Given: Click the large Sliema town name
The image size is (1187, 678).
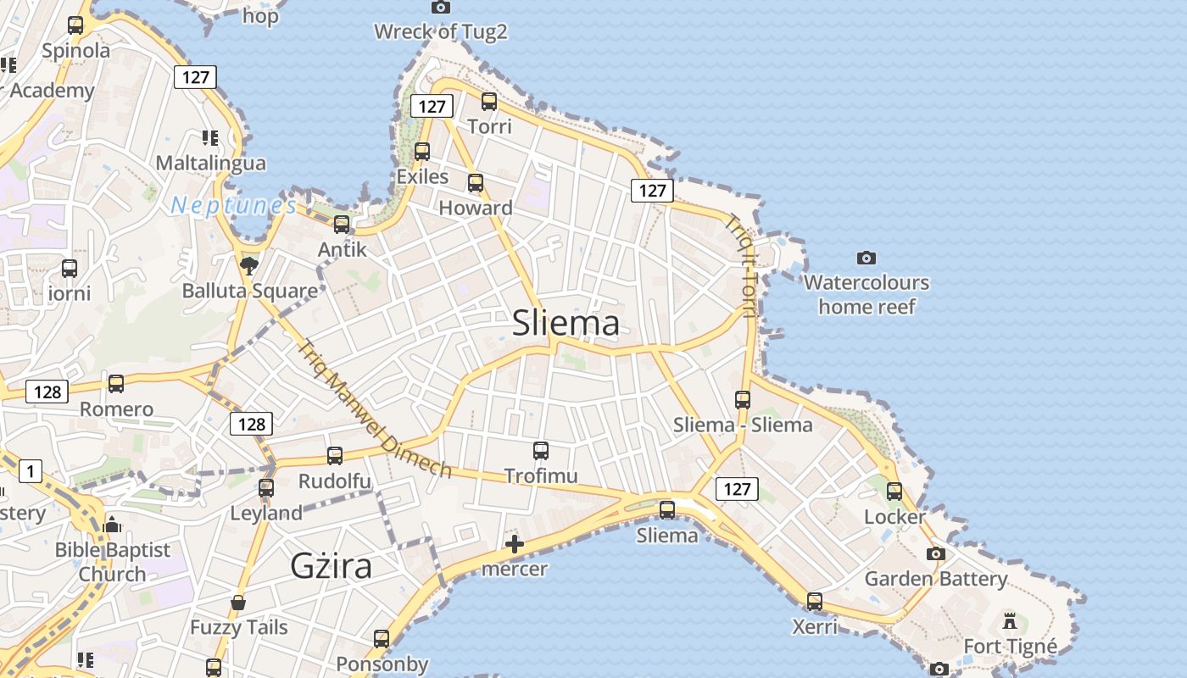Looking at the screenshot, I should tap(566, 323).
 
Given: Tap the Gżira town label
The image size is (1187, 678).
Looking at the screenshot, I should tap(331, 565).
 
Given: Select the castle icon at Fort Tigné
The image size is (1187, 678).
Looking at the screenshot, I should tap(1009, 621).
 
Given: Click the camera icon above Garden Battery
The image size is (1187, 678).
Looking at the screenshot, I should tap(935, 553).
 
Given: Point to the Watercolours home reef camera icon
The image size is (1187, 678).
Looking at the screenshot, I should tap(866, 258).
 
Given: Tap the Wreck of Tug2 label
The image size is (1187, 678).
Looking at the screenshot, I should tap(441, 32).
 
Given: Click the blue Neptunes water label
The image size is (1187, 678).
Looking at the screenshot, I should tap(234, 205).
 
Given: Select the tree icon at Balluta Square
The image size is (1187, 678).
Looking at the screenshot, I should tap(248, 267).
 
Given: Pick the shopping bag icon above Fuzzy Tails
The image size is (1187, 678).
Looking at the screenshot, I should tap(238, 603).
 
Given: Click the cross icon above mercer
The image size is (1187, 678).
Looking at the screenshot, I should tap(515, 544).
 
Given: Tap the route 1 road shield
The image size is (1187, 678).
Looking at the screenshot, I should tap(31, 470).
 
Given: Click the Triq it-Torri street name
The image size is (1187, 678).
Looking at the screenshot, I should tap(741, 265).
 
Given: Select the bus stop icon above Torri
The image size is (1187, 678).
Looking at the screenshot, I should tap(489, 102).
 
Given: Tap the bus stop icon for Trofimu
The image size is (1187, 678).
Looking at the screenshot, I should tap(541, 451).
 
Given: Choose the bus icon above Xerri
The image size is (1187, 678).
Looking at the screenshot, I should tap(815, 602).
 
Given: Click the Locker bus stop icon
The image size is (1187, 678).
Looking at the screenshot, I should tap(894, 492).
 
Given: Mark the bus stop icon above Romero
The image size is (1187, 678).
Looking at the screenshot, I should tap(116, 384).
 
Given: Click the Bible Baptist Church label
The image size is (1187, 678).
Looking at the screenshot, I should tap(113, 562).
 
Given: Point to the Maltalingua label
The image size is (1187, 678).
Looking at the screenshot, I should tap(211, 163).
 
